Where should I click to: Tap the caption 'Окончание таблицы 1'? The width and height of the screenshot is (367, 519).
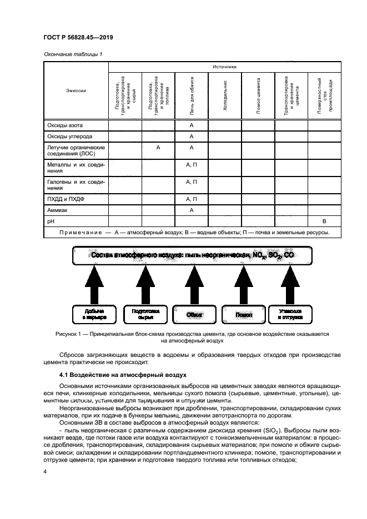coord(72,54)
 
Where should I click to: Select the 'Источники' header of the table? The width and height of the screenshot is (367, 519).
coord(224,67)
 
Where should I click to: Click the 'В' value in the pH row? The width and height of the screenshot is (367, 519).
coord(324,221)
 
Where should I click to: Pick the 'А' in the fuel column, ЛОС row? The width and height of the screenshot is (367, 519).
coord(158,148)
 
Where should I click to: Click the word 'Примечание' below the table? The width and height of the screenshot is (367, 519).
coord(81,232)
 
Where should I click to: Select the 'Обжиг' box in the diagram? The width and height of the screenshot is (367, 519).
coord(194,315)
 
